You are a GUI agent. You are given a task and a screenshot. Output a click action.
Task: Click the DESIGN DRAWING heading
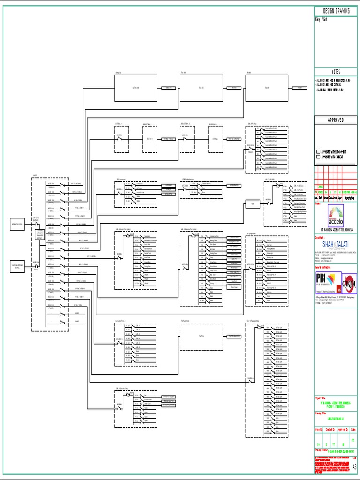(x=337, y=11)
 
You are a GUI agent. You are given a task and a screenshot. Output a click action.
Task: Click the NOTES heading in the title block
(x=337, y=72)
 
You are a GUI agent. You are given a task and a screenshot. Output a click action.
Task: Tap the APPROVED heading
(x=337, y=120)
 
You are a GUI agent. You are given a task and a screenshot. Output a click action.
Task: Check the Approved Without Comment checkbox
(x=318, y=152)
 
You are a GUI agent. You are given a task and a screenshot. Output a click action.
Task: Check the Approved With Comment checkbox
(x=318, y=157)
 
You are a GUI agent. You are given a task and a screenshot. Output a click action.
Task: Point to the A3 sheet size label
(x=354, y=466)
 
